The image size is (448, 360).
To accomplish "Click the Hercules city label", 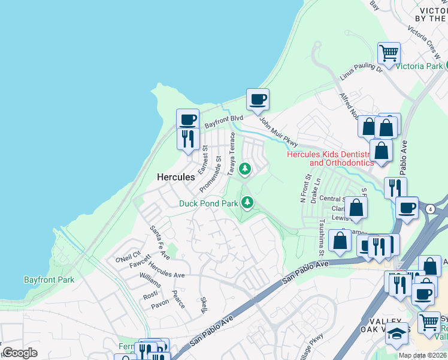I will tap(175, 177).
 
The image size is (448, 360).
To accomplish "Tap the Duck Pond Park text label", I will tap(208, 203).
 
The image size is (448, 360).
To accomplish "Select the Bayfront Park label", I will tap(49, 280).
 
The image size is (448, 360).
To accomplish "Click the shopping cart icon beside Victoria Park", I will tap(389, 53).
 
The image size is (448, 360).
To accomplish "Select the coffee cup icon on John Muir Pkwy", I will tap(258, 99).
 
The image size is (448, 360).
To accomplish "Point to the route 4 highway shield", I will tap(430, 209).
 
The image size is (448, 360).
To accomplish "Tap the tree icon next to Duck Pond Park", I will tap(247, 203).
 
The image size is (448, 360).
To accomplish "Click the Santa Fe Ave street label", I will tap(159, 238).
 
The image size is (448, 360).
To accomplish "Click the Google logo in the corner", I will tap(20, 353).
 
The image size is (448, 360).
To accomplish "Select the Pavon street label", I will tap(160, 305).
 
